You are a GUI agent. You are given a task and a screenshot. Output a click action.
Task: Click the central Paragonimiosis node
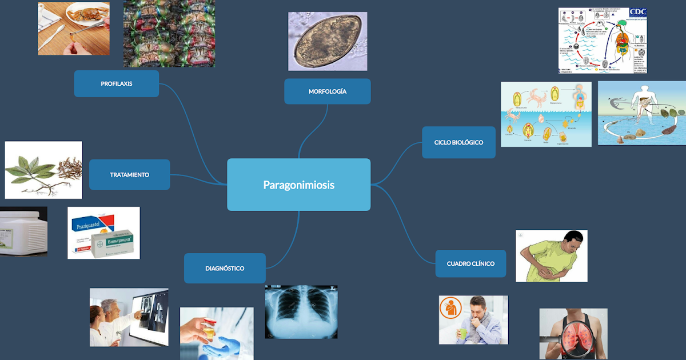click(298, 185)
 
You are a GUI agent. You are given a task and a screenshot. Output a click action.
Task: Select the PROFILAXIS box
click(117, 83)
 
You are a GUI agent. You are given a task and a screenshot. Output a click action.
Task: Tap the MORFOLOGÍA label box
click(327, 91)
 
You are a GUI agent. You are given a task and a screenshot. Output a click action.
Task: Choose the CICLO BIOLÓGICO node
click(458, 142)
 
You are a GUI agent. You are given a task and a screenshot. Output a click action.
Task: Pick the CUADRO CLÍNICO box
click(470, 263)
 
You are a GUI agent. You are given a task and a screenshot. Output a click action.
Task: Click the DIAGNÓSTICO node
click(225, 268)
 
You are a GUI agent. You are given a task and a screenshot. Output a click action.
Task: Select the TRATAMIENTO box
click(129, 174)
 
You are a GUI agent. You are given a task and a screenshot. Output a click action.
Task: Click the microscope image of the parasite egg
click(328, 41)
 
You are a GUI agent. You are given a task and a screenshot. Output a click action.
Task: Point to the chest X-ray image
click(301, 312)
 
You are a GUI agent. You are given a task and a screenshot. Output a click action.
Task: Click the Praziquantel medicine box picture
click(103, 233)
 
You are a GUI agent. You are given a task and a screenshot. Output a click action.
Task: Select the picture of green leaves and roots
click(43, 170)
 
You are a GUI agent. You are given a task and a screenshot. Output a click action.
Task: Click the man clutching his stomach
click(551, 256)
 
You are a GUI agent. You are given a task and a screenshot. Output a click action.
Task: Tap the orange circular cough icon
click(451, 307)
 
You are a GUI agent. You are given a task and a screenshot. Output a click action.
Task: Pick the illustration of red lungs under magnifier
click(573, 335)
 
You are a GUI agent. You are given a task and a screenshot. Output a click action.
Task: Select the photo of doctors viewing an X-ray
click(129, 317)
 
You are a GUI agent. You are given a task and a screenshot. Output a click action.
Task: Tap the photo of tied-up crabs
click(169, 33)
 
